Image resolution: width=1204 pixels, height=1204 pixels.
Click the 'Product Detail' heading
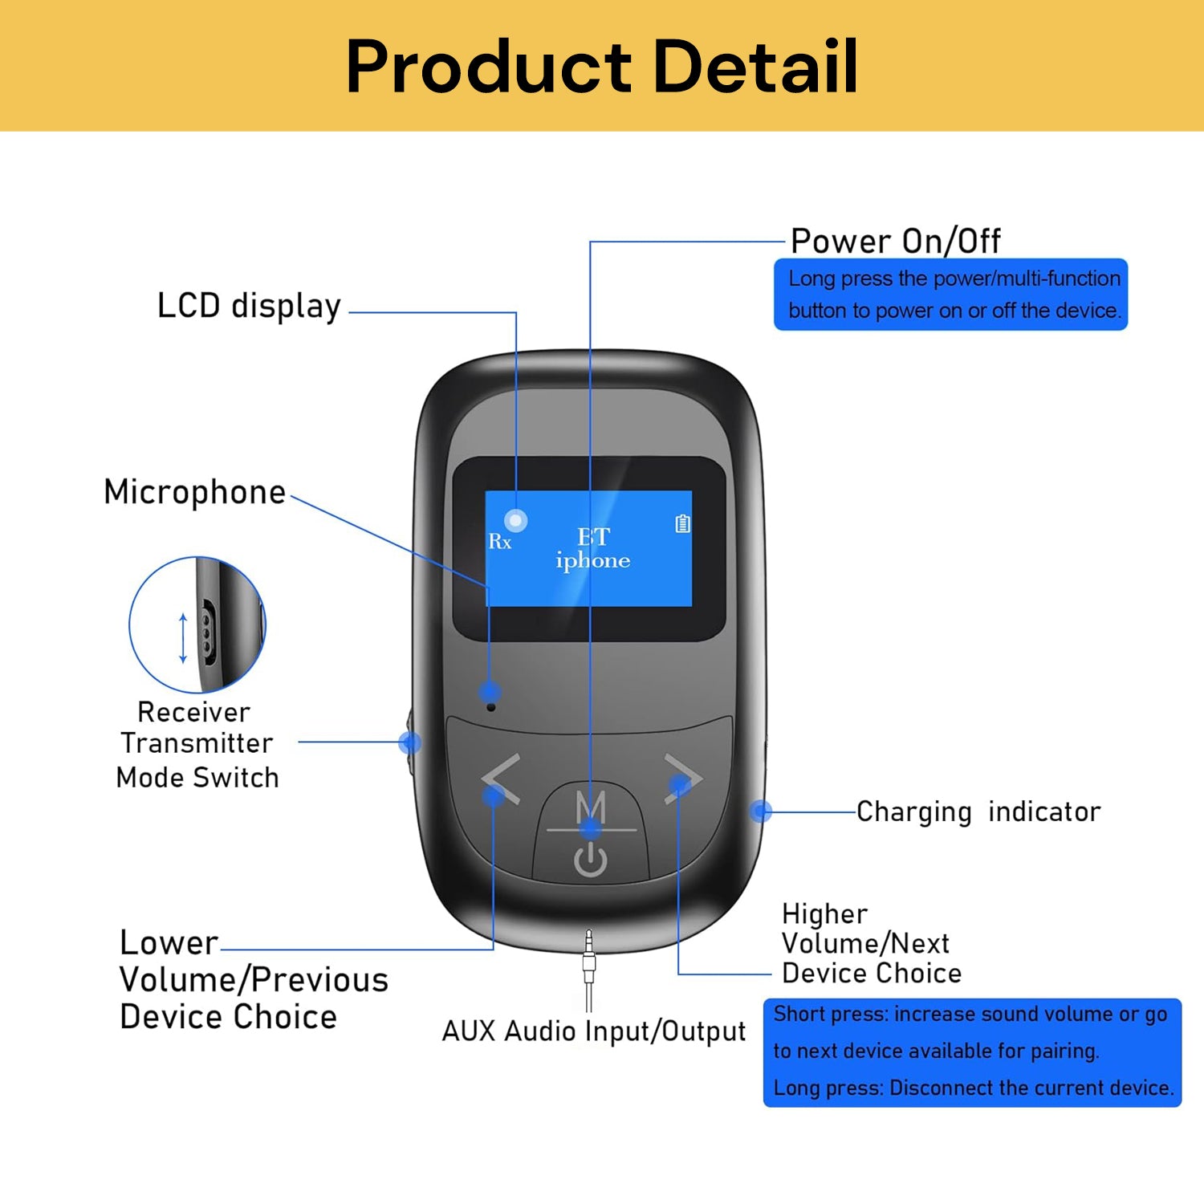click(x=602, y=67)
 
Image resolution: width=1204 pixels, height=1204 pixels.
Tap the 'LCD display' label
click(x=249, y=307)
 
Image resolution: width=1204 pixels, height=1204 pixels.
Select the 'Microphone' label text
click(x=195, y=492)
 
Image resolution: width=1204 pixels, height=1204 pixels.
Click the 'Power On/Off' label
click(x=895, y=241)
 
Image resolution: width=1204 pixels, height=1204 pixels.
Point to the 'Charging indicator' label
click(x=978, y=811)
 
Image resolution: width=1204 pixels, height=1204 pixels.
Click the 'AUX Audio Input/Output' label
click(x=594, y=1031)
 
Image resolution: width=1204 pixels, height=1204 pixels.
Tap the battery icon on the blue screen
click(x=682, y=524)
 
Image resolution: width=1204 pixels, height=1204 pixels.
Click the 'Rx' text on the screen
click(x=499, y=542)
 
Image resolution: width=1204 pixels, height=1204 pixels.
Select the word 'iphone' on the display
click(x=593, y=560)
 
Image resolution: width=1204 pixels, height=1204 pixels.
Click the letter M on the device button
click(x=591, y=806)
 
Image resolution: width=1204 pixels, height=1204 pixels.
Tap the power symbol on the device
click(x=591, y=860)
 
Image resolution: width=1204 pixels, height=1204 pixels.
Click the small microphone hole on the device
click(x=491, y=707)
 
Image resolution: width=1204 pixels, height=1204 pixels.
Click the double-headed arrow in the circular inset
click(x=183, y=638)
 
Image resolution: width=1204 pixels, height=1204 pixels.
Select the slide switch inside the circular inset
click(x=207, y=633)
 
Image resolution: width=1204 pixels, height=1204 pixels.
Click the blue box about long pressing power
click(x=950, y=295)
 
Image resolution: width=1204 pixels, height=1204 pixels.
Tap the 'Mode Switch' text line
click(x=197, y=778)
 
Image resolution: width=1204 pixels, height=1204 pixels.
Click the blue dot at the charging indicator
click(x=761, y=811)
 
